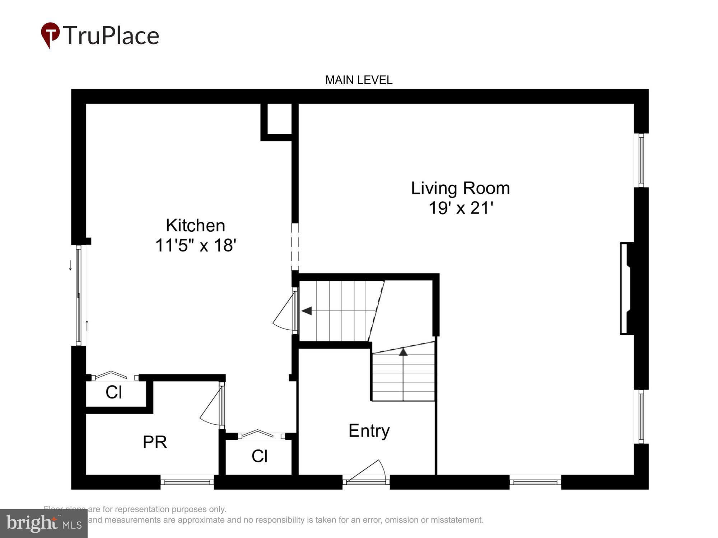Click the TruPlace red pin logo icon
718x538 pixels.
50,35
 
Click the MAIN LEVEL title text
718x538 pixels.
359,80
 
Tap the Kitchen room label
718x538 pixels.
195,225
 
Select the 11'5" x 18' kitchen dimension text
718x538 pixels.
195,246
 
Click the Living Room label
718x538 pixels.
460,188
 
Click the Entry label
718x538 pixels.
369,430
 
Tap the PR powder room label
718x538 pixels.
155,442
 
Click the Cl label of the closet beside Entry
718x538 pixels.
259,456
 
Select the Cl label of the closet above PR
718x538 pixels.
113,392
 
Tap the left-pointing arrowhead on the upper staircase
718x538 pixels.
307,311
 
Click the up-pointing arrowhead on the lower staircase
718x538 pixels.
404,352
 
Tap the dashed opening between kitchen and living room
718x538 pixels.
295,247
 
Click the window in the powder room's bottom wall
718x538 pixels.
187,482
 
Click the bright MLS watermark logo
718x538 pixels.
43,524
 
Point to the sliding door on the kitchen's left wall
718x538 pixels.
79,295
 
